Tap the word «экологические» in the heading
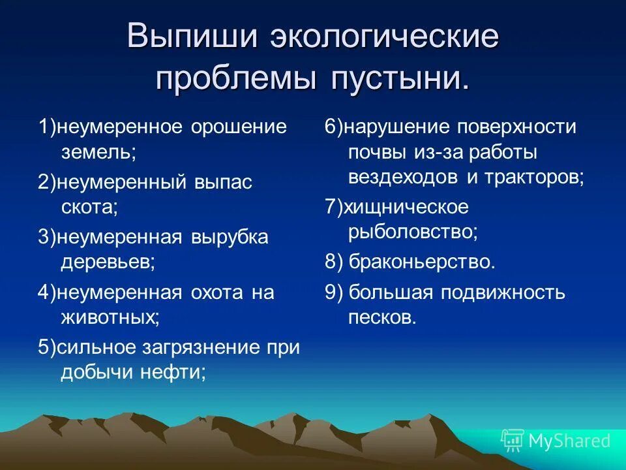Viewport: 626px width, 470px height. (x=384, y=37)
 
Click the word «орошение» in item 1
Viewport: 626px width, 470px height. (x=239, y=127)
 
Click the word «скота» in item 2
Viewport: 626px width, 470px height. (x=87, y=208)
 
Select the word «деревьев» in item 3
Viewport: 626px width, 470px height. (x=106, y=262)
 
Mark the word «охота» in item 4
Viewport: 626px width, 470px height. (x=216, y=293)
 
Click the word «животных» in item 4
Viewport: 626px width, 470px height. (x=109, y=318)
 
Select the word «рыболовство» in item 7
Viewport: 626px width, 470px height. (x=413, y=232)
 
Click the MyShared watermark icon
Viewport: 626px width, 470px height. (x=513, y=441)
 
